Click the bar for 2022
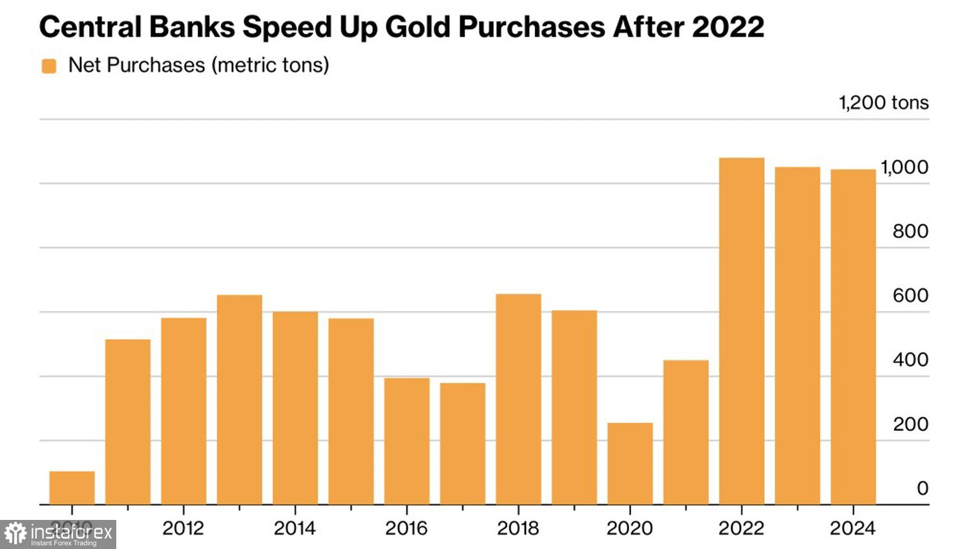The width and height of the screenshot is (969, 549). [742, 331]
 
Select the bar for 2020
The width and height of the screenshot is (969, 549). [630, 464]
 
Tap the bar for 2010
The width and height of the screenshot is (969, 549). [72, 488]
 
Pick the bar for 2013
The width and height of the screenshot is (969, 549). [239, 399]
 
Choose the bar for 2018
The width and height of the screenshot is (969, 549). [518, 399]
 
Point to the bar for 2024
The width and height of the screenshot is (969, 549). [853, 337]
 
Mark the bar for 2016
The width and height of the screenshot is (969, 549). [406, 441]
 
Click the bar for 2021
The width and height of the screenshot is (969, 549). [685, 432]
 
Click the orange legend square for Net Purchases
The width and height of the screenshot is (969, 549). [49, 66]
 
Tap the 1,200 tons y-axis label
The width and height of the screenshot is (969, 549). [883, 103]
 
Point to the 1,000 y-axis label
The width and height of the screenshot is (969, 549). [904, 167]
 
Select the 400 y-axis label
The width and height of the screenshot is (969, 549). [910, 360]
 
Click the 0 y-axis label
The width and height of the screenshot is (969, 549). [922, 488]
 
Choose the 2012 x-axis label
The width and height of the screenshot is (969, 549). [183, 528]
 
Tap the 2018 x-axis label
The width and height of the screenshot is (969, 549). [517, 528]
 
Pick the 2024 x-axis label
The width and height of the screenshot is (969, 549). [852, 528]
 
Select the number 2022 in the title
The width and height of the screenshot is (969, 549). [727, 27]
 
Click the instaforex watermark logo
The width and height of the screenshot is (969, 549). [58, 534]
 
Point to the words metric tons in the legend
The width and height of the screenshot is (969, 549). [271, 65]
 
